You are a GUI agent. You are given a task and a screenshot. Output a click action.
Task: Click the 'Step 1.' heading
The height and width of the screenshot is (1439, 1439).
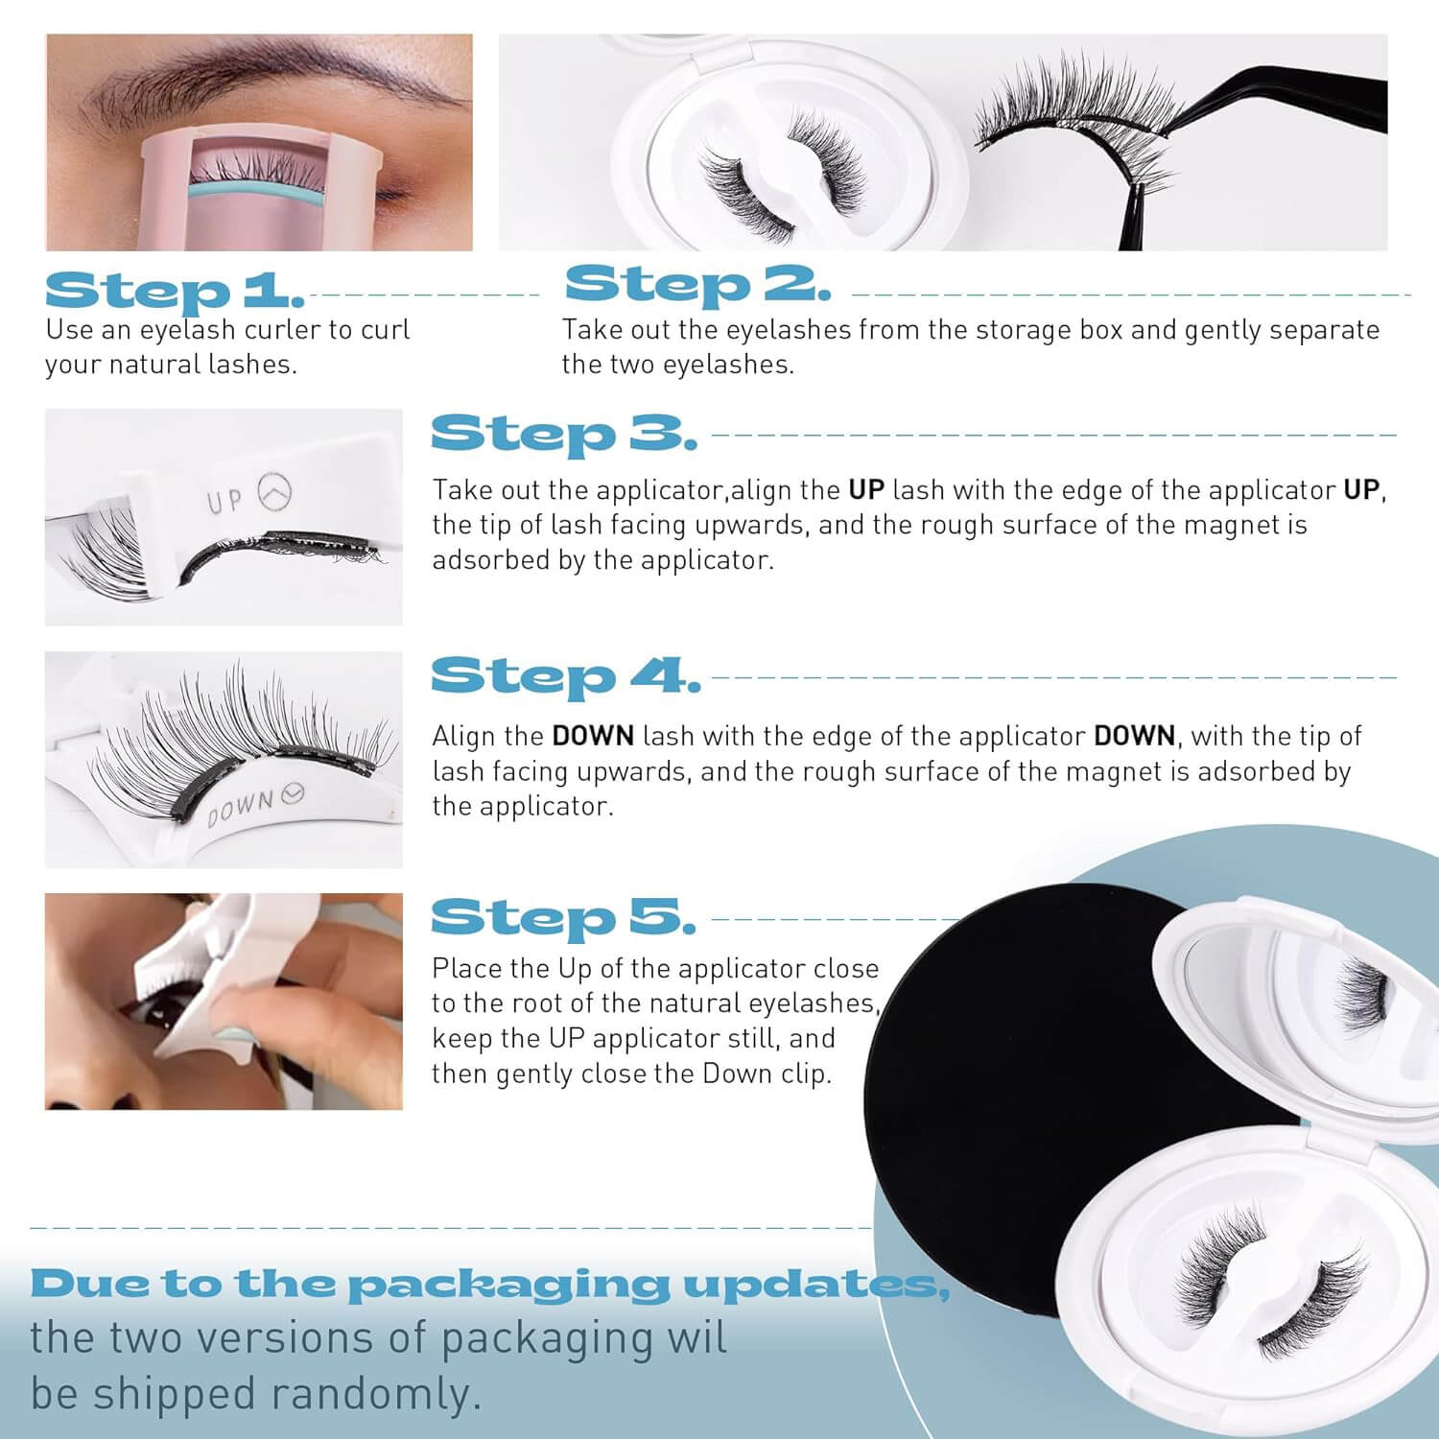point(175,291)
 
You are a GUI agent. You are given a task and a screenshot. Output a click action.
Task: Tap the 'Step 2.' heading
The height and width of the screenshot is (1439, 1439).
point(697,284)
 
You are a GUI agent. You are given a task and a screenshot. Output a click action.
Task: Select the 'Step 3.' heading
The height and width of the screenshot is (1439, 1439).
point(563,434)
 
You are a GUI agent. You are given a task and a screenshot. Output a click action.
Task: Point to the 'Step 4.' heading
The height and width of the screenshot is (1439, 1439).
point(565,676)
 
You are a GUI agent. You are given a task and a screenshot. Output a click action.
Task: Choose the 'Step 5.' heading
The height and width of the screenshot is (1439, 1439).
point(563,918)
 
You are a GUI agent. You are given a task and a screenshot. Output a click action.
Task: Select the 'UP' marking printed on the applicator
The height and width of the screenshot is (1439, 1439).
point(224,501)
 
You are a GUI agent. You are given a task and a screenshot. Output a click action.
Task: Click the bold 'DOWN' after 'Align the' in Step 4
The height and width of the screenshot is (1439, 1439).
point(593,736)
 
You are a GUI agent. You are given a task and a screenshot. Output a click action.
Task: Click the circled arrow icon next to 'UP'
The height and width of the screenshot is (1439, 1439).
point(275,493)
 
